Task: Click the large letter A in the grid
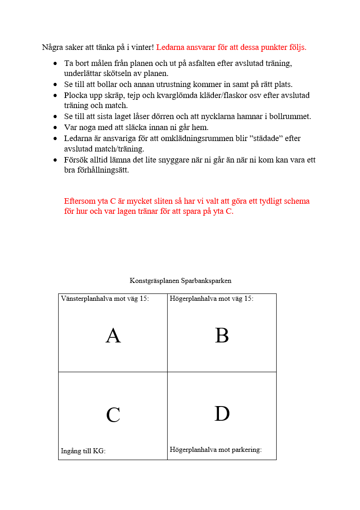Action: click(x=113, y=336)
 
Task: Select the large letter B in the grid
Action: click(x=222, y=336)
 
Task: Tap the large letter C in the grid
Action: click(x=113, y=415)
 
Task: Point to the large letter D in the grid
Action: click(x=222, y=414)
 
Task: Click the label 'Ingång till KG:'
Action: click(x=83, y=451)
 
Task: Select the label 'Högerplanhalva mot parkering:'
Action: click(x=216, y=450)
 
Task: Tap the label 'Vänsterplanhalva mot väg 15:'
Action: click(x=105, y=298)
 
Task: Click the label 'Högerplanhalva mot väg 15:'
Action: click(x=212, y=298)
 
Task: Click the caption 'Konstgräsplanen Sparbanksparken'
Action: click(x=180, y=281)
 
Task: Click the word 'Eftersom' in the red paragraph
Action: click(x=80, y=201)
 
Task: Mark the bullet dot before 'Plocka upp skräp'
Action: click(x=55, y=96)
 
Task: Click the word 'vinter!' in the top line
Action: click(x=142, y=47)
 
